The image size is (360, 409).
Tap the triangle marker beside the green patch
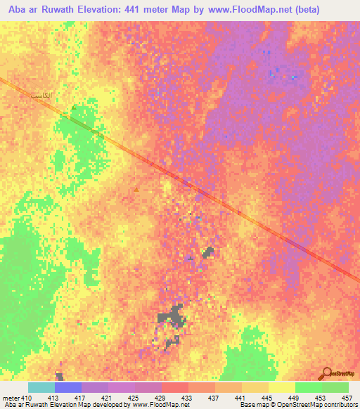[73, 108]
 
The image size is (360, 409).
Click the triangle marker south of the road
[136, 189]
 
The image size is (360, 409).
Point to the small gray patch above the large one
[208, 252]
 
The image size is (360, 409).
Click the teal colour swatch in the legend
[41, 387]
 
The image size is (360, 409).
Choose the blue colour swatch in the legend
[68, 387]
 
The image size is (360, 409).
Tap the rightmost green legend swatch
[335, 387]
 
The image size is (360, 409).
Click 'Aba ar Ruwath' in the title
[38, 10]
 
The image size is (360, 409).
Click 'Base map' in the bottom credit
[252, 405]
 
